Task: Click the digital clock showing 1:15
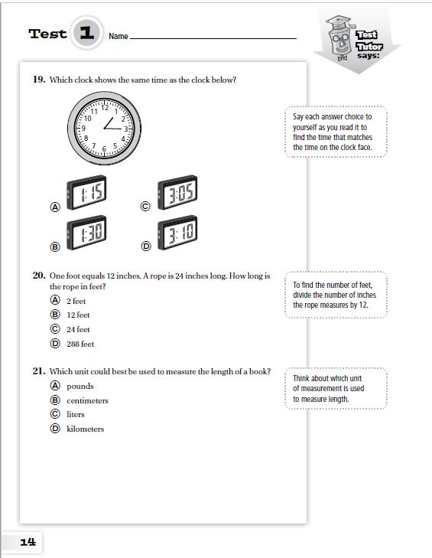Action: [x=86, y=192]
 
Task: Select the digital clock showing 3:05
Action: [x=177, y=192]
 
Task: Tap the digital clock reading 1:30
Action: [x=86, y=233]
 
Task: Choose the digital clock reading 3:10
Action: [x=177, y=233]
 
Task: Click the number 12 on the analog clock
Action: [x=105, y=107]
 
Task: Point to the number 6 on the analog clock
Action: [x=104, y=148]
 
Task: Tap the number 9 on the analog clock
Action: [x=83, y=128]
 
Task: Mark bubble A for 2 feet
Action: [x=55, y=300]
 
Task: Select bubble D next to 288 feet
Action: [x=55, y=344]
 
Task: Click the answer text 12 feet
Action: [x=78, y=315]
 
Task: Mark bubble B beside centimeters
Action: [x=55, y=400]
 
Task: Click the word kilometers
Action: [x=86, y=429]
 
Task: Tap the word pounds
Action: [x=80, y=387]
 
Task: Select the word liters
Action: [x=76, y=415]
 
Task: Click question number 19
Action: [x=39, y=80]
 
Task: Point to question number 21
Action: [x=39, y=371]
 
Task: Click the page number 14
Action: [x=28, y=542]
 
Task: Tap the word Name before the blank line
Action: [x=119, y=36]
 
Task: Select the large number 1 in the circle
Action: [x=86, y=33]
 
